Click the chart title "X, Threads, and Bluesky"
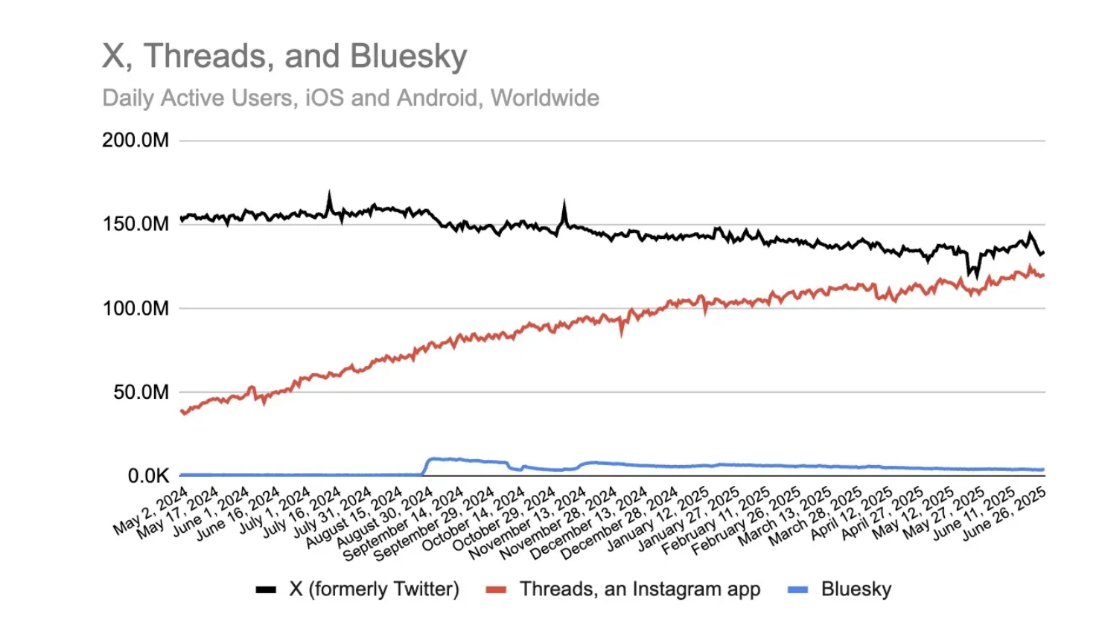coord(284,57)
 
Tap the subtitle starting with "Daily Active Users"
coord(350,98)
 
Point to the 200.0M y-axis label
coord(136,140)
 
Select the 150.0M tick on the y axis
coord(136,224)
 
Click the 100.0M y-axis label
coord(136,308)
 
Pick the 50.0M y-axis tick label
coord(141,392)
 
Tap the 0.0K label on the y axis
coord(148,475)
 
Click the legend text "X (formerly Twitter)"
coord(374,589)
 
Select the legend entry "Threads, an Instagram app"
coord(640,589)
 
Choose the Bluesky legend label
coord(856,589)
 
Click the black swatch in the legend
coord(266,590)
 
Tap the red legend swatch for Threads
coord(496,590)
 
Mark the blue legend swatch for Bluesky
coord(797,590)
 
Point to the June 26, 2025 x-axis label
coord(1005,513)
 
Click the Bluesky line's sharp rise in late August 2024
coord(425,465)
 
